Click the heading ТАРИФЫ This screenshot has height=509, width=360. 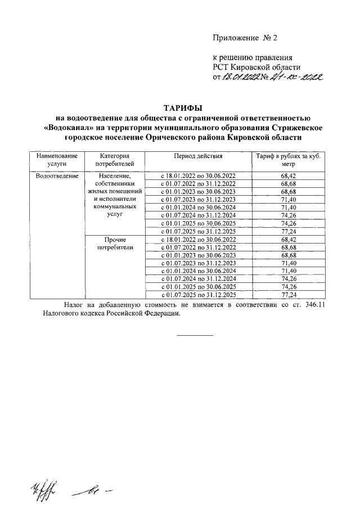[182, 107]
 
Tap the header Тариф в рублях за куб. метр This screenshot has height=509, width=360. [288, 159]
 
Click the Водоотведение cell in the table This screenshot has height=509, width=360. [54, 176]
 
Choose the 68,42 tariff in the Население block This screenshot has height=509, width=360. [288, 176]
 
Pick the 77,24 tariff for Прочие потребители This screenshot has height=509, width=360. [288, 294]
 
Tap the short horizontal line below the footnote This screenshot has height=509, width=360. [195, 335]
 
